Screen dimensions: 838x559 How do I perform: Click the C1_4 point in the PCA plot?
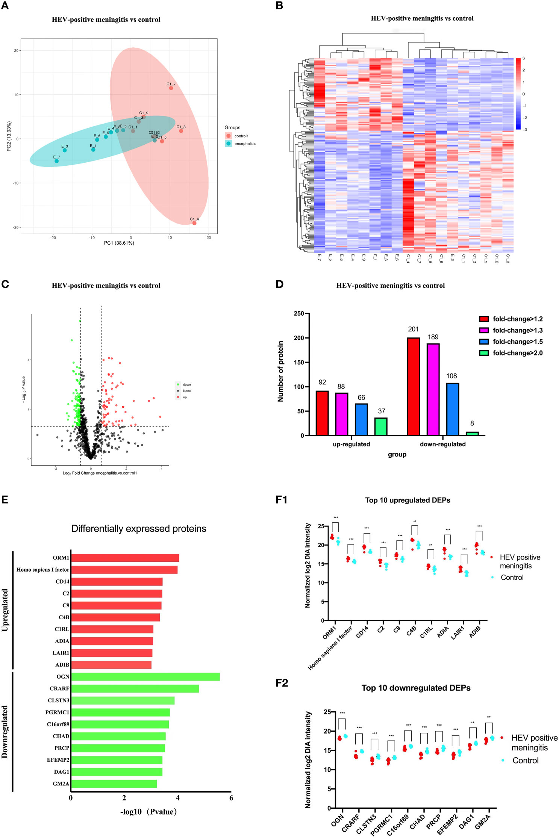[x=194, y=223]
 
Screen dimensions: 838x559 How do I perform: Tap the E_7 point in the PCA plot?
[x=56, y=161]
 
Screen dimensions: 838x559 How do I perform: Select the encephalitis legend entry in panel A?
[x=244, y=144]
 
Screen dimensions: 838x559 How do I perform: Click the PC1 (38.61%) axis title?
[x=119, y=243]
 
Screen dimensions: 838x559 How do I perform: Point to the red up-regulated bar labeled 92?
[x=322, y=413]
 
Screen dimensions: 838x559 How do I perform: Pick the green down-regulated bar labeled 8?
[x=472, y=433]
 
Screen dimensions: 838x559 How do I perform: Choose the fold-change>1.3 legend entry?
[x=517, y=330]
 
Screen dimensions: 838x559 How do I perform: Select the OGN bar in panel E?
[x=145, y=677]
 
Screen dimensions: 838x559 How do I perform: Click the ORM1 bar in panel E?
[x=125, y=558]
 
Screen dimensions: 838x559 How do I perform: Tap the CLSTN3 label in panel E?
[x=59, y=700]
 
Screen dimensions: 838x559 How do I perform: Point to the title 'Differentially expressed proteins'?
[x=139, y=529]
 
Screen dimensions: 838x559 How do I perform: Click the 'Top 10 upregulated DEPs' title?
[x=408, y=500]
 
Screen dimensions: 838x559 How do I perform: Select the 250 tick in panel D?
[x=299, y=313]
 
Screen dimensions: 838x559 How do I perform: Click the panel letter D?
[x=279, y=284]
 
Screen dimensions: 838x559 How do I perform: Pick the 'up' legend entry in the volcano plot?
[x=185, y=397]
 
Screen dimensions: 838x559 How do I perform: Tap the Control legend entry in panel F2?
[x=525, y=761]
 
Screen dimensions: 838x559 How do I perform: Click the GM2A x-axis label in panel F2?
[x=483, y=822]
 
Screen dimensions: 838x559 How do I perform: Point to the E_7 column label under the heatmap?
[x=319, y=257]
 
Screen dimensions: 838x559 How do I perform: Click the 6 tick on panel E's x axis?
[x=231, y=798]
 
